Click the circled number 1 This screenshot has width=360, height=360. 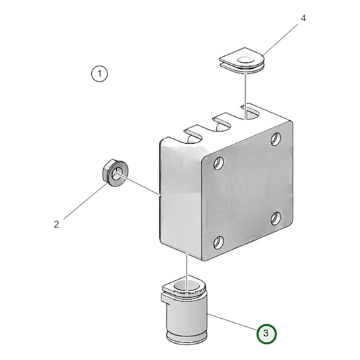99,73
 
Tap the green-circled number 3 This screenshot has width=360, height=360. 266,333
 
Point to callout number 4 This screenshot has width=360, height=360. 303,18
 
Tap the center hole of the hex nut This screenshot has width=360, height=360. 116,174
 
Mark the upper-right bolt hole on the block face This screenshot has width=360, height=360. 276,139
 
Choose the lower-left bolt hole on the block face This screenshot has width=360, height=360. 217,242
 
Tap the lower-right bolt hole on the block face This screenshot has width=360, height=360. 276,217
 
